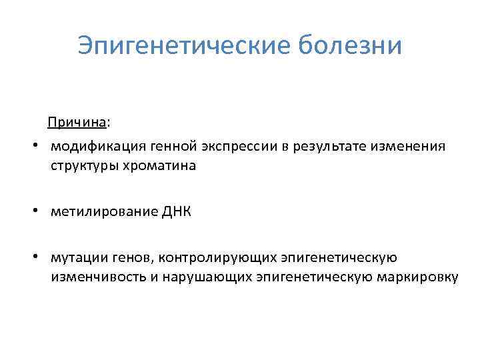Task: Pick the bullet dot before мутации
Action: pos(39,257)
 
